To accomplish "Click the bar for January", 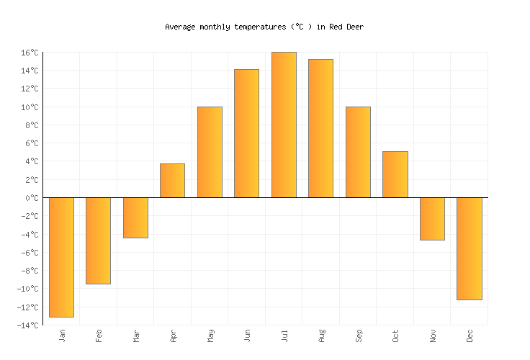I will coord(61,257).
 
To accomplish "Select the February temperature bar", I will coord(98,240).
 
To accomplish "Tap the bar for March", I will coord(135,217).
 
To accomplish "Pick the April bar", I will coord(172,181).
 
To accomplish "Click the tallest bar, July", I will coord(284,125).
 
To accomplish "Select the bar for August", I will coord(320,128).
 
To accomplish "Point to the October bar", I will coord(395,174).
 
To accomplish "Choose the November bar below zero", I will coord(432,219).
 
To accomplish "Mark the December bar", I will coord(469,248).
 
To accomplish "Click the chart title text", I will coord(264,27).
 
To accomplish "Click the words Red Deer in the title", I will coord(347,27).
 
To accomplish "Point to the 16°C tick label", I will coord(29,53).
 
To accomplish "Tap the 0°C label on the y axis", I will coord(31,198).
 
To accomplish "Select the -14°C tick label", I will coord(27,325).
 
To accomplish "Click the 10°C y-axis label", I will coord(29,107).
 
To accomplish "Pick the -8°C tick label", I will coord(29,271).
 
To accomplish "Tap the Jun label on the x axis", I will coord(247,336).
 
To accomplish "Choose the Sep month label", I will coord(358,336).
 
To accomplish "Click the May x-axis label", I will coord(210,336).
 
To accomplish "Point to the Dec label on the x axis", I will coord(470,336).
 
